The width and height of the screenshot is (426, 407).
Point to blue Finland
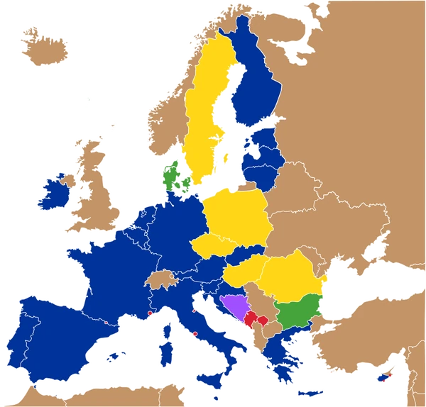click(x=256, y=85)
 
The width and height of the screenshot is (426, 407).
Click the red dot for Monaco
click(x=150, y=312)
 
